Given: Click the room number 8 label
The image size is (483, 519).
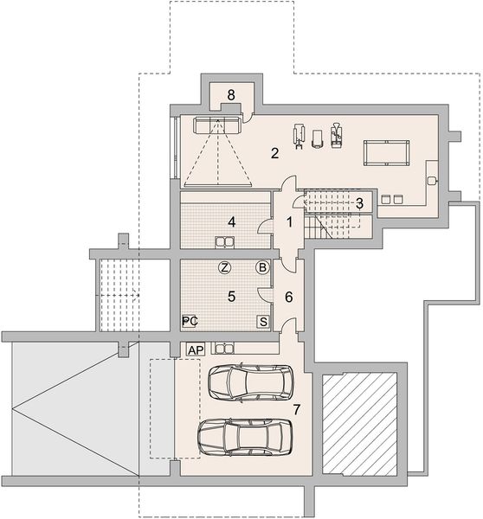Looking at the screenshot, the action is (231, 95).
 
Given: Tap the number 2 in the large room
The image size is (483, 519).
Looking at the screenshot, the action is (274, 153).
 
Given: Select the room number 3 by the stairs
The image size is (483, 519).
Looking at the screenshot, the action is (359, 203).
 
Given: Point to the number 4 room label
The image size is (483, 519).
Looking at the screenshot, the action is (232, 221).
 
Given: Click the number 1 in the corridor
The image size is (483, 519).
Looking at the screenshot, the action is (289, 222).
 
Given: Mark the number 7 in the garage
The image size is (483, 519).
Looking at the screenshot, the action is (297, 409).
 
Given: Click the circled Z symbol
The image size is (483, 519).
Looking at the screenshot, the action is (224, 267).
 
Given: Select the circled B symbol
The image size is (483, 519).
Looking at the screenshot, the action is (262, 267).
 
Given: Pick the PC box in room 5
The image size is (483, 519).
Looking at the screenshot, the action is (190, 321).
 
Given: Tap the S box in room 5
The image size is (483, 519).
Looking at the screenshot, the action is (263, 322).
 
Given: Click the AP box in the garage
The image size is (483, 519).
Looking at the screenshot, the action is (196, 349).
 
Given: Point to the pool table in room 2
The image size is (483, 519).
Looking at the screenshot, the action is (386, 152).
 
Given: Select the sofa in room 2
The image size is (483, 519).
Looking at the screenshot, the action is (216, 125).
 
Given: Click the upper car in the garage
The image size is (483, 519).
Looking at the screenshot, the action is (250, 382).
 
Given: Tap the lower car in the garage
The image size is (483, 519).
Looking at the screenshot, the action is (245, 437).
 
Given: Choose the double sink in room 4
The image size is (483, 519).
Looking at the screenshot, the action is (224, 242).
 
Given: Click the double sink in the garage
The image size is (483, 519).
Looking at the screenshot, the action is (224, 349).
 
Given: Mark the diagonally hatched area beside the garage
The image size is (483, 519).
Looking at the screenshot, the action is (359, 425).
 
